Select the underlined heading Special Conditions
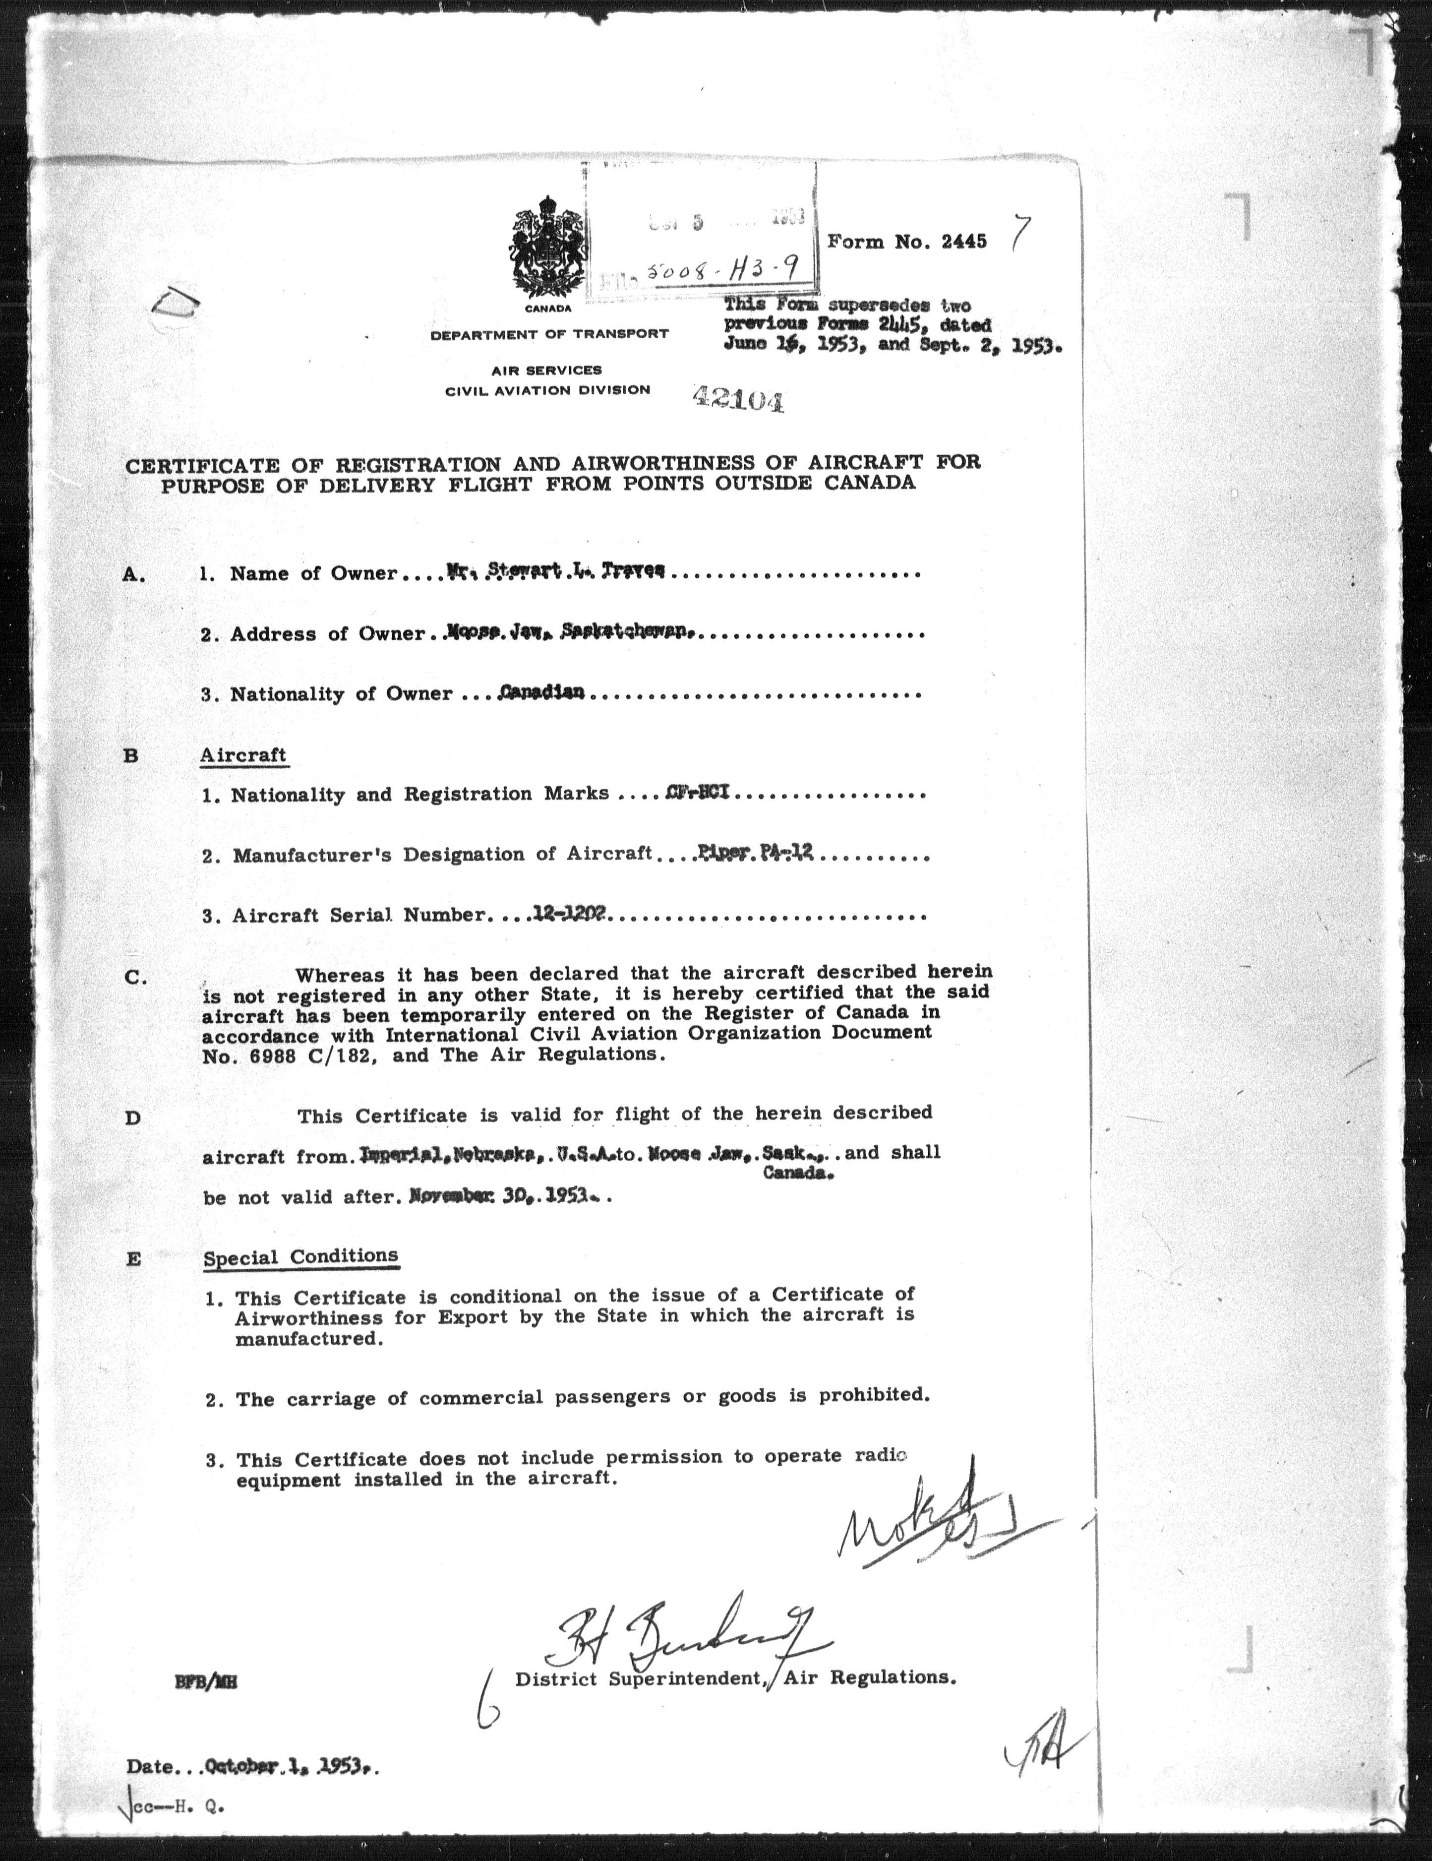click(300, 1256)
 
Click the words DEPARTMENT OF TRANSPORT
click(549, 334)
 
